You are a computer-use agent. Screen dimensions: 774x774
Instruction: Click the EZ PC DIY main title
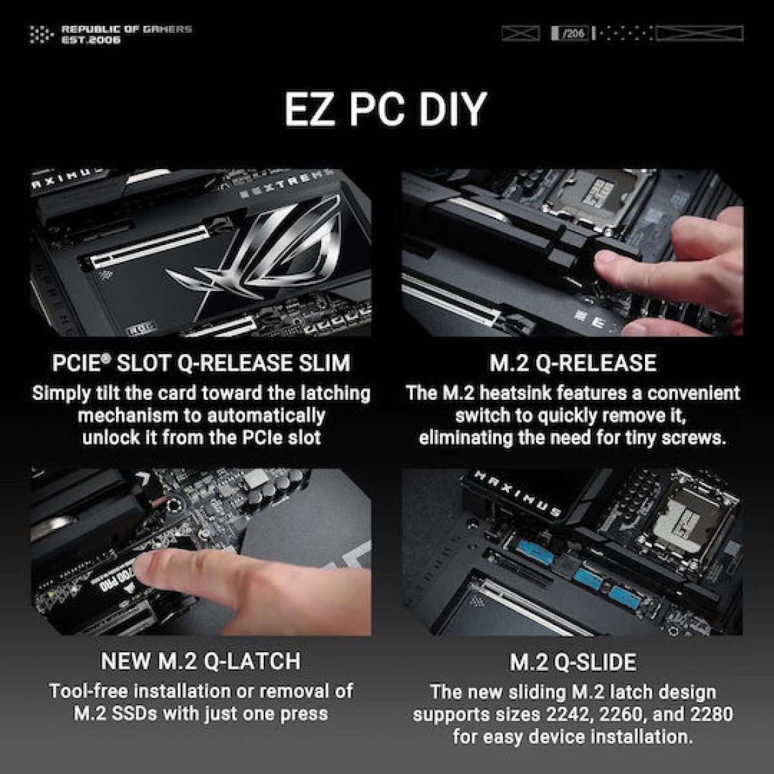386,109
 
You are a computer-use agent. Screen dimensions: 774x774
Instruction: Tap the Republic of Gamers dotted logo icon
42,34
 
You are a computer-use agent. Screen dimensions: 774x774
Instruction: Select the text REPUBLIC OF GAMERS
126,29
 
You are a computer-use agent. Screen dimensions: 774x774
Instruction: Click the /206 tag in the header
570,33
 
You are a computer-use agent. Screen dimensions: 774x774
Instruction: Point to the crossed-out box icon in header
521,33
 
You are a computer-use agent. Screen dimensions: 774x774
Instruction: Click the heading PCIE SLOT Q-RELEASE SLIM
201,363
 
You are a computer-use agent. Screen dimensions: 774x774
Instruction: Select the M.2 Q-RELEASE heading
573,363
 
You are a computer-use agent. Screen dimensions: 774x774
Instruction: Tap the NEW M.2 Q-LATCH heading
201,661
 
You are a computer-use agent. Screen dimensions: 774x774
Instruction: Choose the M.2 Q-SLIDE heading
573,662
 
